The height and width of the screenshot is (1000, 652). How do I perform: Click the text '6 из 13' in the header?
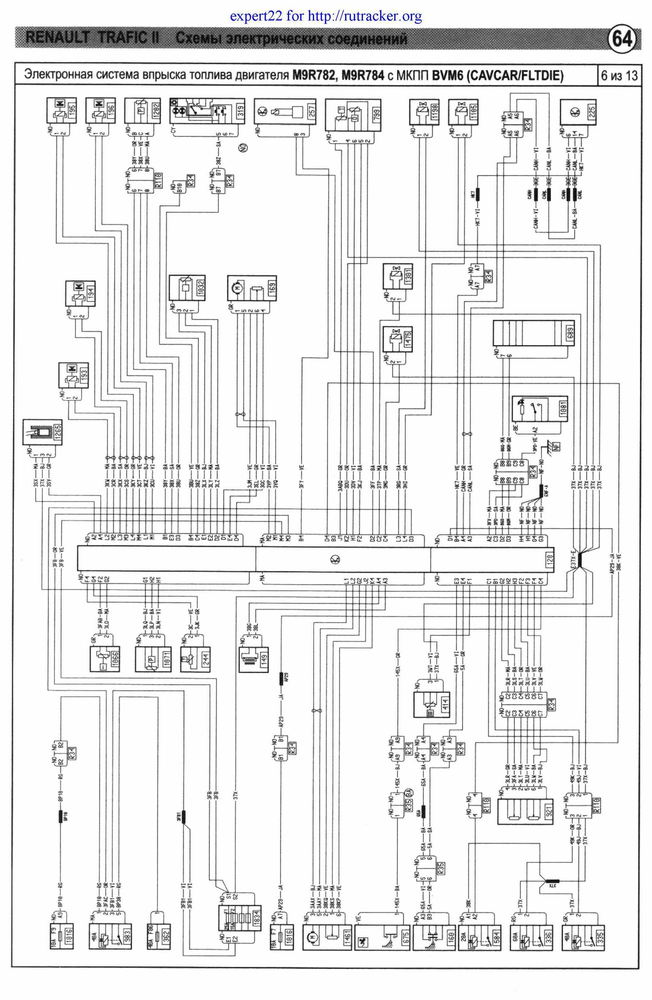coord(619,76)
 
